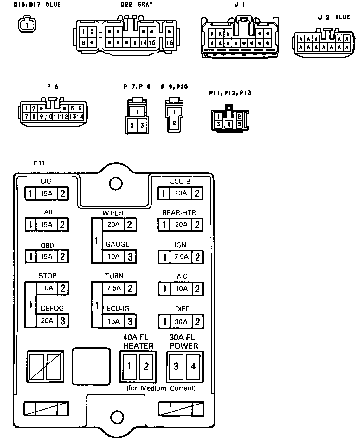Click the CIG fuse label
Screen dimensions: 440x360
46,181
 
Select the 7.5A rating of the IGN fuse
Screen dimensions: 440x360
181,257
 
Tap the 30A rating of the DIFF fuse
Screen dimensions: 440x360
181,322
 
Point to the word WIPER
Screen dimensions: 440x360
113,213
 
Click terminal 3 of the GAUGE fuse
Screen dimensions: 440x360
130,257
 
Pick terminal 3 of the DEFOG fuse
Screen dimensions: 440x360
63,321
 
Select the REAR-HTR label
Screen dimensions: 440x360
179,213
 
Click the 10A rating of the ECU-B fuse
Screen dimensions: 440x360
181,193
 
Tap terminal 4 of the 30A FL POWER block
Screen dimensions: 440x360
193,366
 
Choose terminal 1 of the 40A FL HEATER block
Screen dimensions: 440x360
129,366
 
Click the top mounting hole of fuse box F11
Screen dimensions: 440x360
115,183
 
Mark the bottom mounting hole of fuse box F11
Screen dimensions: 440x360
115,416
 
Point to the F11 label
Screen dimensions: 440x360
40,163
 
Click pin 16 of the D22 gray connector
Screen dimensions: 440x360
170,42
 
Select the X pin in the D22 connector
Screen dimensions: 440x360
135,42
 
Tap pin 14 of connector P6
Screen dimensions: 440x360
80,116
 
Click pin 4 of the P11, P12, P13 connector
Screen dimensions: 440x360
229,124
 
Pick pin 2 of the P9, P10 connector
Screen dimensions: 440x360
174,123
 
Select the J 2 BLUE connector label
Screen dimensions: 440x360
334,17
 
